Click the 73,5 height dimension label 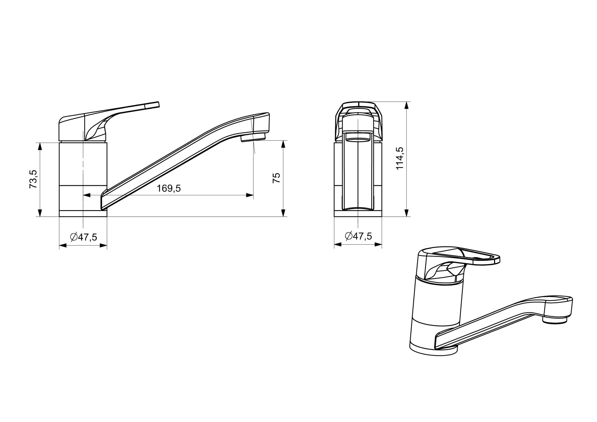pos(33,179)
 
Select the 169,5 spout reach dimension pos(169,188)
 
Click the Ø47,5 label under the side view pos(83,237)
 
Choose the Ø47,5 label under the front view pos(358,236)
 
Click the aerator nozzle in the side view pos(253,137)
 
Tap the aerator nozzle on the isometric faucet pos(555,320)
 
